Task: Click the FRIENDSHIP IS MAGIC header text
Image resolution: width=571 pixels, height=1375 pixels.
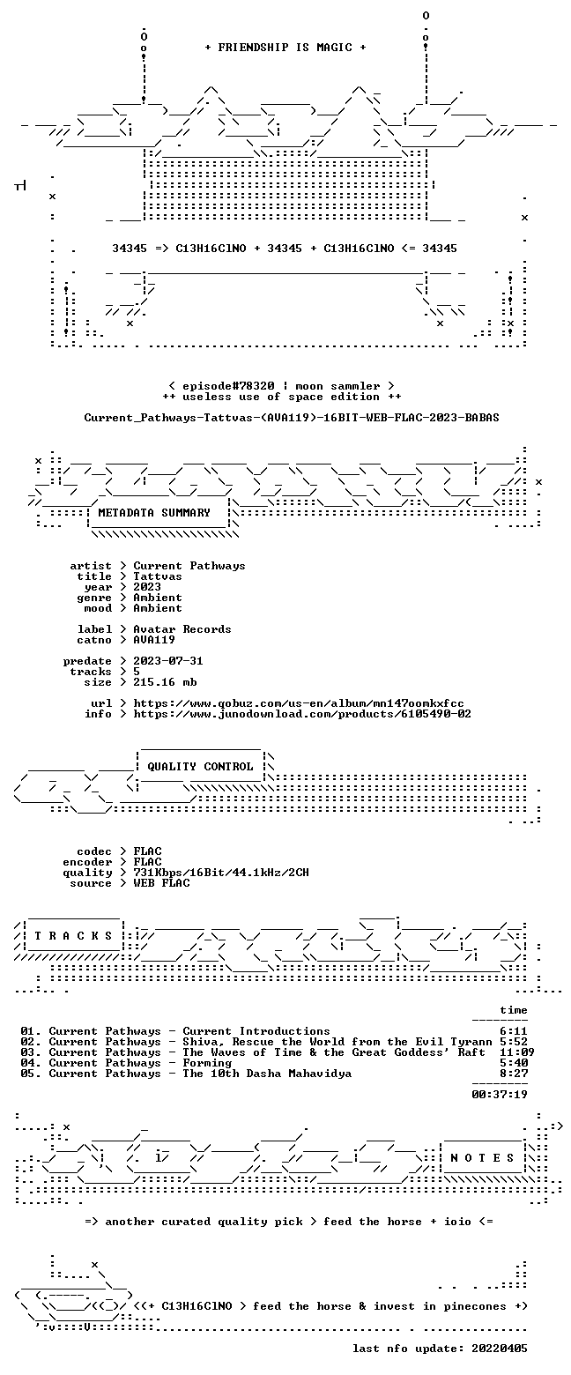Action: pos(285,48)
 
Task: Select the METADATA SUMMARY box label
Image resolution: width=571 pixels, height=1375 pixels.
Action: pos(154,513)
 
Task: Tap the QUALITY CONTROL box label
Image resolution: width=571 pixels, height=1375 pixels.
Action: pos(200,767)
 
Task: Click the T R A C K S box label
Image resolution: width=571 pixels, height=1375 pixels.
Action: pos(74,935)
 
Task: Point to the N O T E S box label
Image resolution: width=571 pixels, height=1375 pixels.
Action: pos(483,1157)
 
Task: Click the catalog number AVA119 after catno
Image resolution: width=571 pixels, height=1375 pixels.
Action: pos(154,640)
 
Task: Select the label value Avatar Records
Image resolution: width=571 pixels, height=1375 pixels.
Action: pos(182,629)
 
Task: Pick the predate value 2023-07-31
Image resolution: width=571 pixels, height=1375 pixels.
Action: pos(168,661)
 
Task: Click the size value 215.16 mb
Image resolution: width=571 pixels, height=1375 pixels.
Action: pos(165,682)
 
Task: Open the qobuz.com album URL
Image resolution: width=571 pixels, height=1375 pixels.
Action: pos(299,703)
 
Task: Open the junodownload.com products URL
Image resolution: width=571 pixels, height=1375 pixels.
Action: pos(302,714)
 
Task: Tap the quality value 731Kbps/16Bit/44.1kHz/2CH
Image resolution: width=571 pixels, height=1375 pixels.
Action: pos(221,873)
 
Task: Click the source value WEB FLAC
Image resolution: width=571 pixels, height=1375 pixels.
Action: pos(161,883)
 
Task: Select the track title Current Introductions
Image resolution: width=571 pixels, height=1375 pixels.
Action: pos(256,1031)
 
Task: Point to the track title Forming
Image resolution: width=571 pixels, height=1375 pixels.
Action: pos(207,1063)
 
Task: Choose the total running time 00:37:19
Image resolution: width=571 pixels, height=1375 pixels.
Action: pos(500,1094)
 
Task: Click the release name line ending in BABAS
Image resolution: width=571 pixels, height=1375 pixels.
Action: pos(292,418)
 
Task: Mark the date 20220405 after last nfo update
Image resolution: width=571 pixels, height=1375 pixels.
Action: pos(500,1348)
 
